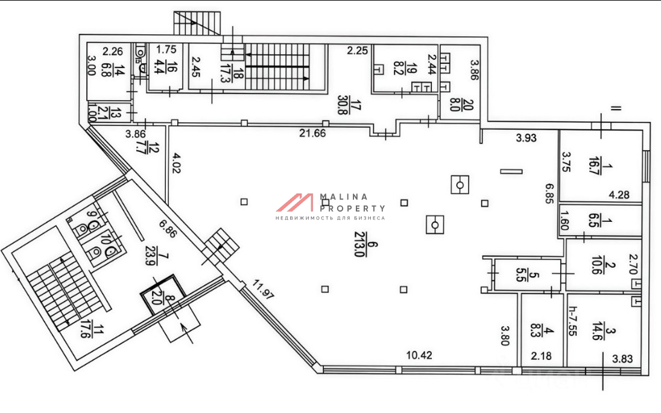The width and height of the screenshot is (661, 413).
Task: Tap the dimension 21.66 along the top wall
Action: (x=313, y=133)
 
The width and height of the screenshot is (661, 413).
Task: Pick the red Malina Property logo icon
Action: (x=296, y=203)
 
